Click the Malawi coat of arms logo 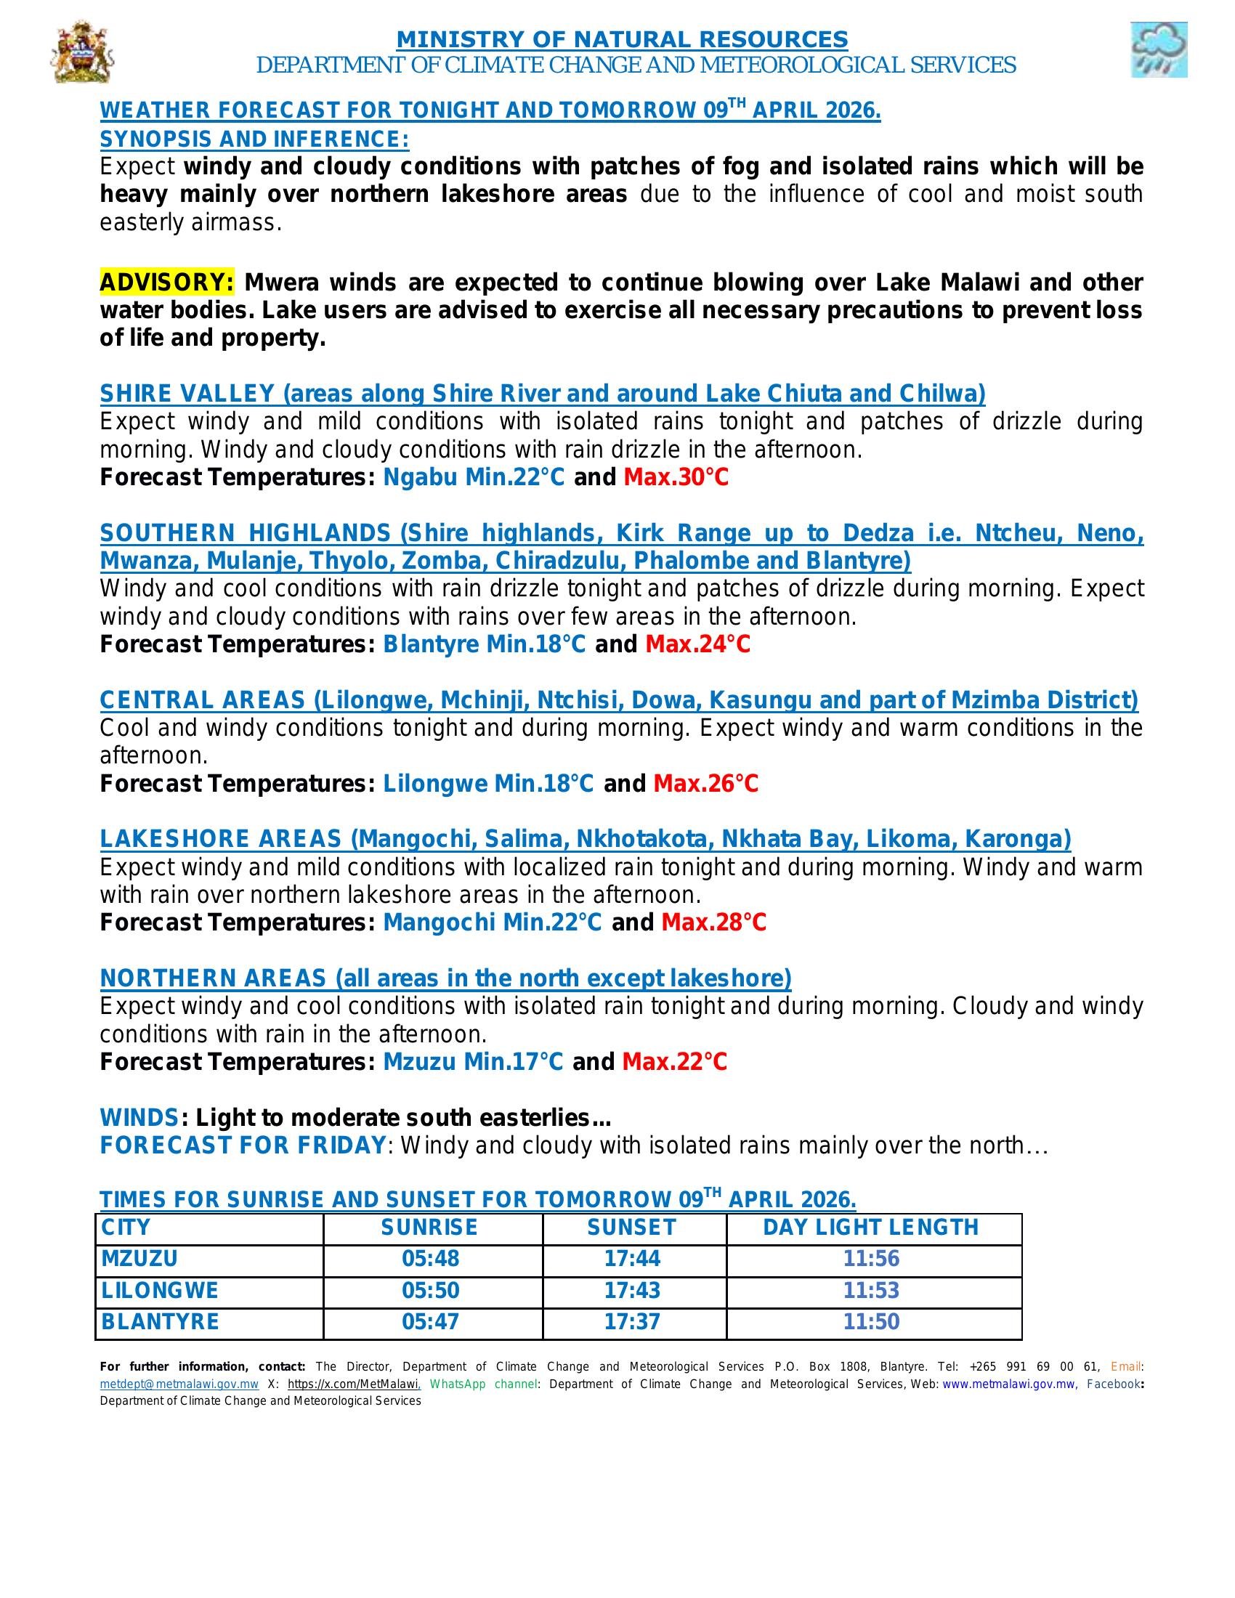pos(82,52)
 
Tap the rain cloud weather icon pos(1158,49)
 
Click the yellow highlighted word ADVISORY pos(167,282)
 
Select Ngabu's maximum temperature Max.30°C pos(676,477)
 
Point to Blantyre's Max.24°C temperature pos(697,644)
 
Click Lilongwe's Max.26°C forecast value pos(705,784)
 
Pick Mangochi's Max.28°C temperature pos(713,922)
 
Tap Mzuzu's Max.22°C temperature pos(675,1062)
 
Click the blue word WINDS pos(139,1118)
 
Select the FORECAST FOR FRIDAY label pos(242,1145)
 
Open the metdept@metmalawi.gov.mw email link pos(179,1384)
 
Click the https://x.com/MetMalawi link pos(352,1384)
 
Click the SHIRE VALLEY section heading pos(542,394)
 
